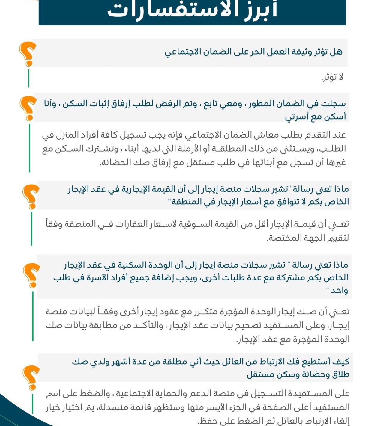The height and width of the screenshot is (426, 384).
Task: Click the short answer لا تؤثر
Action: pos(332,77)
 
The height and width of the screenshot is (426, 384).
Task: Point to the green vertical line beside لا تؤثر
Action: pos(29,78)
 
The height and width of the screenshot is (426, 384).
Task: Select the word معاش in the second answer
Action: pos(264,135)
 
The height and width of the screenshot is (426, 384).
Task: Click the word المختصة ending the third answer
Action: pos(283,238)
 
